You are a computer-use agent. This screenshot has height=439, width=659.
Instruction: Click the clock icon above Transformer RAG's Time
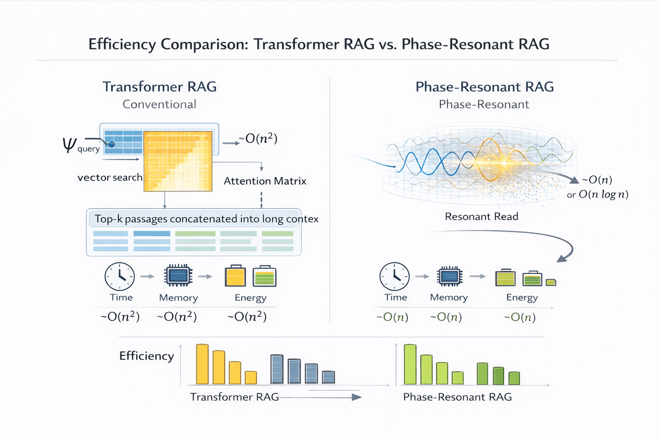[119, 276]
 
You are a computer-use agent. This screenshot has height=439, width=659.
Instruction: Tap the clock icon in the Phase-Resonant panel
[395, 276]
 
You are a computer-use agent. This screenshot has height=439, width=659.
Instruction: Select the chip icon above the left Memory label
[178, 275]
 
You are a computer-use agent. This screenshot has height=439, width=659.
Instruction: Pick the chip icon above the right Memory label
[449, 276]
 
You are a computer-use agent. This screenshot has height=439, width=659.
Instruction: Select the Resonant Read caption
[482, 216]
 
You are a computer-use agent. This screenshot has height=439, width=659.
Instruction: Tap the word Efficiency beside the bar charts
[147, 356]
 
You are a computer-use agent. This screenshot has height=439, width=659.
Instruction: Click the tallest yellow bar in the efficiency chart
[203, 364]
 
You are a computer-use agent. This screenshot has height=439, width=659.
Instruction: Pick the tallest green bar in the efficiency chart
[410, 364]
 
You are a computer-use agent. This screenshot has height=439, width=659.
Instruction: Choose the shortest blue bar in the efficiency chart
[328, 378]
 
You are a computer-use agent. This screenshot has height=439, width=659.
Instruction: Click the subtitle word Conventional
[160, 104]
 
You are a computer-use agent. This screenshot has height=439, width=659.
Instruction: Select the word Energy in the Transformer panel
[250, 298]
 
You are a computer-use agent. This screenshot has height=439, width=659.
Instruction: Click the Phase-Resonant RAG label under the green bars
[457, 397]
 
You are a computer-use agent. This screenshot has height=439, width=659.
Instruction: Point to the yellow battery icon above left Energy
[234, 277]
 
